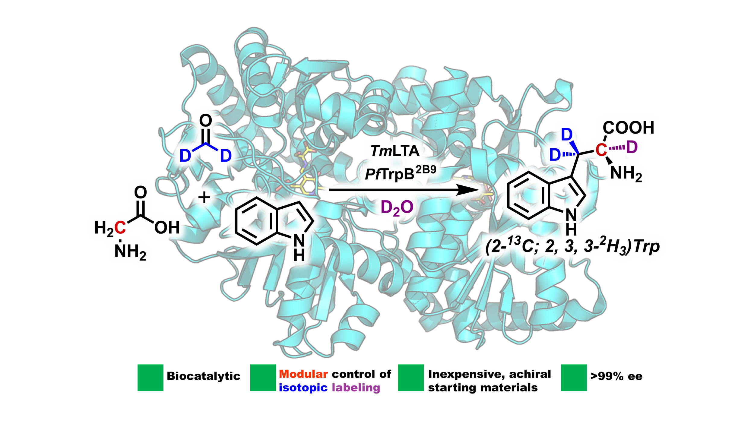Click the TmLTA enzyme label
pyautogui.click(x=395, y=151)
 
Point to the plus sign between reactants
pyautogui.click(x=204, y=198)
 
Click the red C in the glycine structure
pyautogui.click(x=120, y=227)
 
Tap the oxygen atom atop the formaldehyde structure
pyautogui.click(x=206, y=121)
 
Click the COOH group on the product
pyautogui.click(x=629, y=128)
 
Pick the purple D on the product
pyautogui.click(x=632, y=147)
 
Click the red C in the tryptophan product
pyautogui.click(x=601, y=150)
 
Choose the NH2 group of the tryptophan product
pyautogui.click(x=626, y=174)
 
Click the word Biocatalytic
pyautogui.click(x=204, y=376)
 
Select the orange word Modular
pyautogui.click(x=303, y=374)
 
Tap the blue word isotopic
pyautogui.click(x=303, y=388)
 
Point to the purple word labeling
pyautogui.click(x=356, y=388)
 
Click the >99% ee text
pyautogui.click(x=616, y=376)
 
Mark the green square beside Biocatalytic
pyautogui.click(x=150, y=378)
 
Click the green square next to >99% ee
pyautogui.click(x=574, y=378)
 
